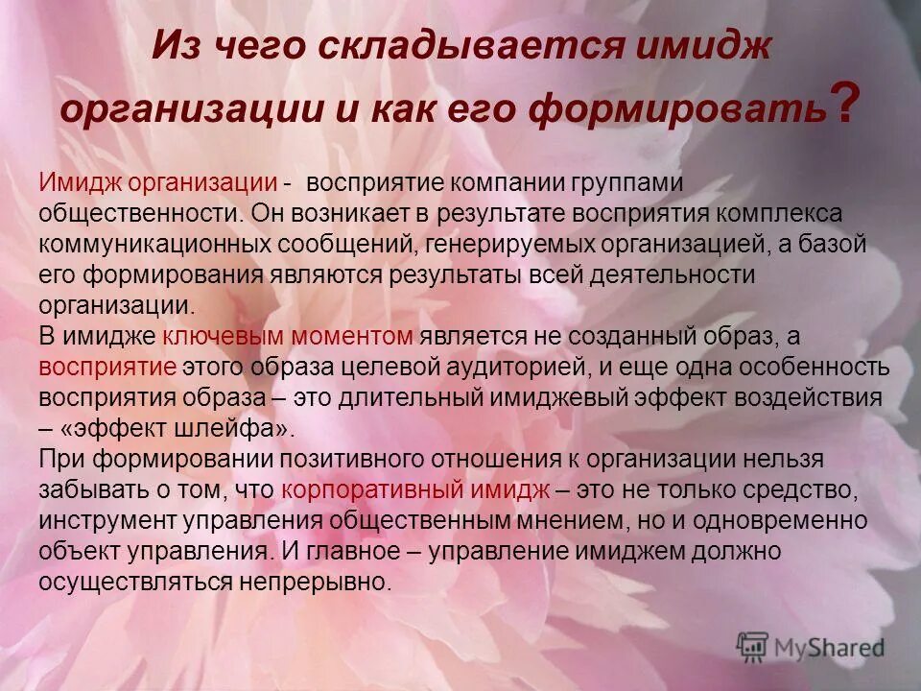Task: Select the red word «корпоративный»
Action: pos(371,489)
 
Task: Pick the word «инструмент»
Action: pos(105,520)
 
